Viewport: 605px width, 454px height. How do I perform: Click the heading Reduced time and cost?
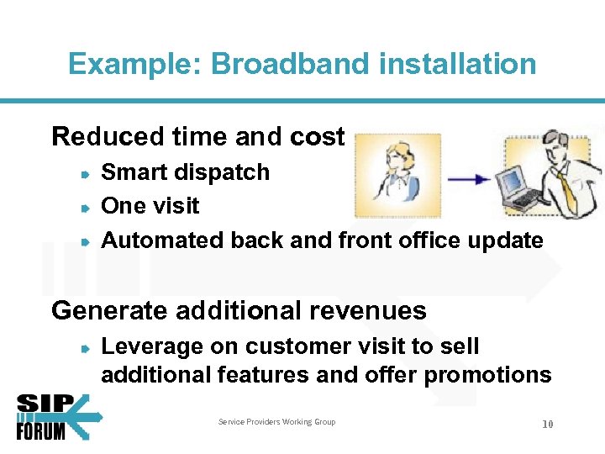point(198,136)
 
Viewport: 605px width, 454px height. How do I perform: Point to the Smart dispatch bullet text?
point(185,172)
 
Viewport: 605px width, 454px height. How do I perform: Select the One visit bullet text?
point(150,206)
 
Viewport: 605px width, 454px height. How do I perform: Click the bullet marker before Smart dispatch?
point(86,173)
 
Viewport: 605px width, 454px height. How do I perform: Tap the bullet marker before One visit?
point(86,207)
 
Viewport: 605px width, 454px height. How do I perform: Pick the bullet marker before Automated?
point(86,240)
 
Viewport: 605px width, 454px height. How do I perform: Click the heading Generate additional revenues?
point(239,310)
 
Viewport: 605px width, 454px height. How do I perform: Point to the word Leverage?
point(152,346)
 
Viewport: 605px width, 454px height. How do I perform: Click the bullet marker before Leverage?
point(86,346)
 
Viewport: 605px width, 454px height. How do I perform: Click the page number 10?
point(547,425)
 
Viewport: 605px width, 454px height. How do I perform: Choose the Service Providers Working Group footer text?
point(276,422)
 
